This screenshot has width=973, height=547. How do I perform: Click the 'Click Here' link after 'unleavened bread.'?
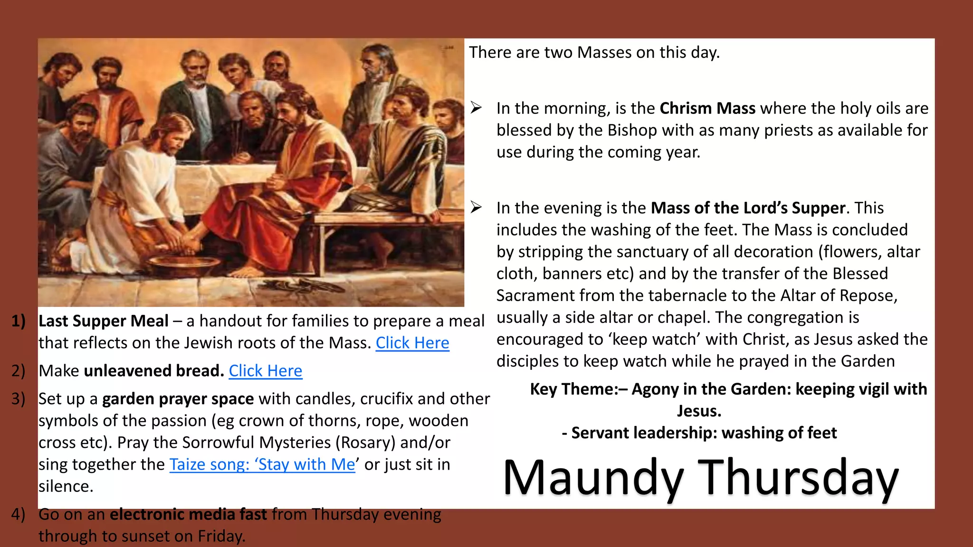coord(265,371)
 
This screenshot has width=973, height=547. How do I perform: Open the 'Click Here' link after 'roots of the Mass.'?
coord(412,343)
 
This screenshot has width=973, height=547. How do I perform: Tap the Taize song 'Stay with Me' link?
coord(262,464)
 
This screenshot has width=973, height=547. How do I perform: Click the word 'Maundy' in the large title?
coord(593,478)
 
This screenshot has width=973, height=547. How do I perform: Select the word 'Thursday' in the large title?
coord(798,478)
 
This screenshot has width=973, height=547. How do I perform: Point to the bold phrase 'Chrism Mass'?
coord(707,108)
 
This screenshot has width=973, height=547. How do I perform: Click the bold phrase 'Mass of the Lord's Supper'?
coord(748,208)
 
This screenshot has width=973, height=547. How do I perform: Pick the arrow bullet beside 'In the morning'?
coord(476,108)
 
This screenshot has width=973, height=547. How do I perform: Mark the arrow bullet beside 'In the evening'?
coord(476,207)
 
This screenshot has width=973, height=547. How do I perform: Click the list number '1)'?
coord(19,321)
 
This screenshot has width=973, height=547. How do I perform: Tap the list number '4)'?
coord(19,514)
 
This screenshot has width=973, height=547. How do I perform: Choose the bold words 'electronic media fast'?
coord(188,514)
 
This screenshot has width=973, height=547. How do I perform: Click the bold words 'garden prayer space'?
coord(178,399)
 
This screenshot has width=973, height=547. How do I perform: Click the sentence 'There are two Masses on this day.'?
coord(594,52)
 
